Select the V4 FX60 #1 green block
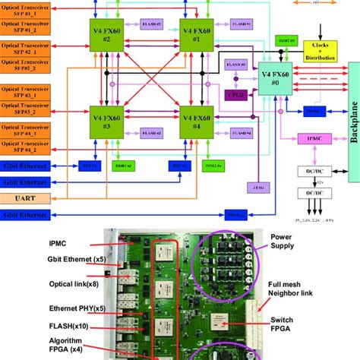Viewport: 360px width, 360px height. pos(195,33)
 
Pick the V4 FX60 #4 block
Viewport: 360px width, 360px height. pos(195,119)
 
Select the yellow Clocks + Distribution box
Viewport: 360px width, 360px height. pos(322,52)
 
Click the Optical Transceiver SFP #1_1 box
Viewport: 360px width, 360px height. pos(26,9)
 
